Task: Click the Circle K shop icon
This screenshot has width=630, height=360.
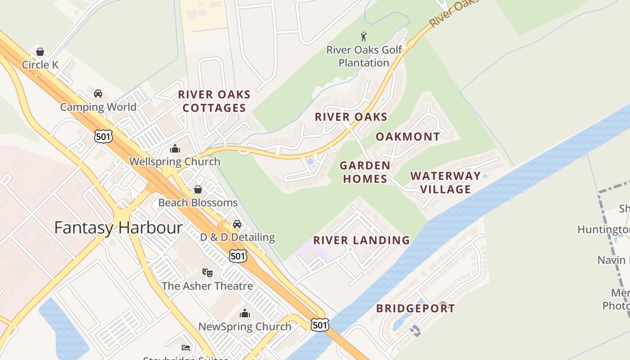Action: coord(40,52)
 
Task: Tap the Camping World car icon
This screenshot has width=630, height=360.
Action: coord(98,94)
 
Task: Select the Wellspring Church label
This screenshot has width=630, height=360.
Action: coord(175,162)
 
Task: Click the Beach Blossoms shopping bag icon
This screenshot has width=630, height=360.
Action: coord(198,190)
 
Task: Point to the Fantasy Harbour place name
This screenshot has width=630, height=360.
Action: coord(118,228)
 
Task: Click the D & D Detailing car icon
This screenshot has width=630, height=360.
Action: coord(237,224)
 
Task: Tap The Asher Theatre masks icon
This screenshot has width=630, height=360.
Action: coord(207,272)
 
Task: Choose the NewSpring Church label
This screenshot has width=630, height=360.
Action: coord(245,327)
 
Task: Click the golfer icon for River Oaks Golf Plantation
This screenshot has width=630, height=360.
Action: coord(364,36)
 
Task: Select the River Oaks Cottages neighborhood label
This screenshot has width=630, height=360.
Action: coord(214,101)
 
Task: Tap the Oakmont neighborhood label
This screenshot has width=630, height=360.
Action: coord(408,137)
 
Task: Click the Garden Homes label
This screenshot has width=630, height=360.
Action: coord(365,172)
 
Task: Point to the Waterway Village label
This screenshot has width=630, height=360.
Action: coord(445,182)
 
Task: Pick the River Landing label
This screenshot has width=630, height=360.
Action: coord(361,240)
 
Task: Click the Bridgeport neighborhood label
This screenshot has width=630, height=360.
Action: coord(415,309)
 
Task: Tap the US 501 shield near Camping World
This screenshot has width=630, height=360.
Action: coord(103,136)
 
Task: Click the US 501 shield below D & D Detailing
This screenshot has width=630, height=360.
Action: coord(238,256)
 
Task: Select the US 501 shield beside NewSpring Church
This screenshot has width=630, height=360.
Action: coord(319,324)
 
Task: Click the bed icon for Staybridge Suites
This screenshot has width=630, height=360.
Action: coord(186,348)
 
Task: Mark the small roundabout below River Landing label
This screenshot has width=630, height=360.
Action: coord(351,249)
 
